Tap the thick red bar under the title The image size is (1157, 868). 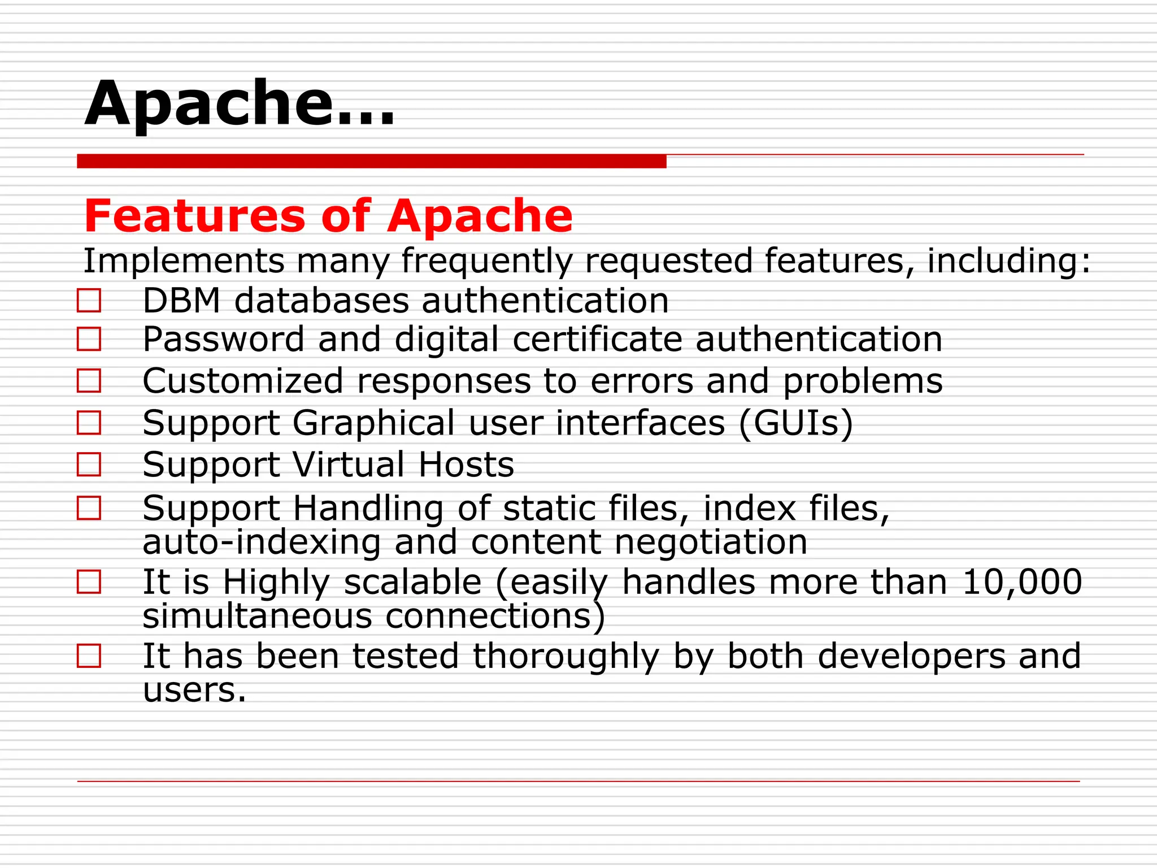click(371, 162)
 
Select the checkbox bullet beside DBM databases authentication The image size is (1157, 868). click(89, 301)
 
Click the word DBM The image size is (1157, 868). click(181, 301)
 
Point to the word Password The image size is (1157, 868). click(223, 340)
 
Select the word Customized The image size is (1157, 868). click(243, 381)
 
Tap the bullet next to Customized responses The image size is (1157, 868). click(89, 381)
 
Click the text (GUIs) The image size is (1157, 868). click(795, 423)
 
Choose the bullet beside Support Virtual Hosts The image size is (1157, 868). click(89, 465)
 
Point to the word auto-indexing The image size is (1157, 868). click(262, 542)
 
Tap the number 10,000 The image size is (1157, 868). click(1021, 582)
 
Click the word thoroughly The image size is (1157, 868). click(566, 657)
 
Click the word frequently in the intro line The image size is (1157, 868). click(486, 261)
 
